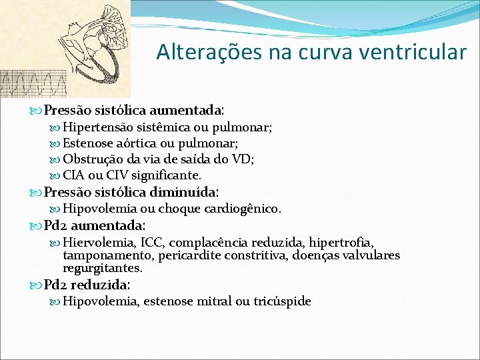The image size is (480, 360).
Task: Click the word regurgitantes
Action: pos(101,268)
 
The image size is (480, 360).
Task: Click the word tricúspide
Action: pos(282,301)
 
